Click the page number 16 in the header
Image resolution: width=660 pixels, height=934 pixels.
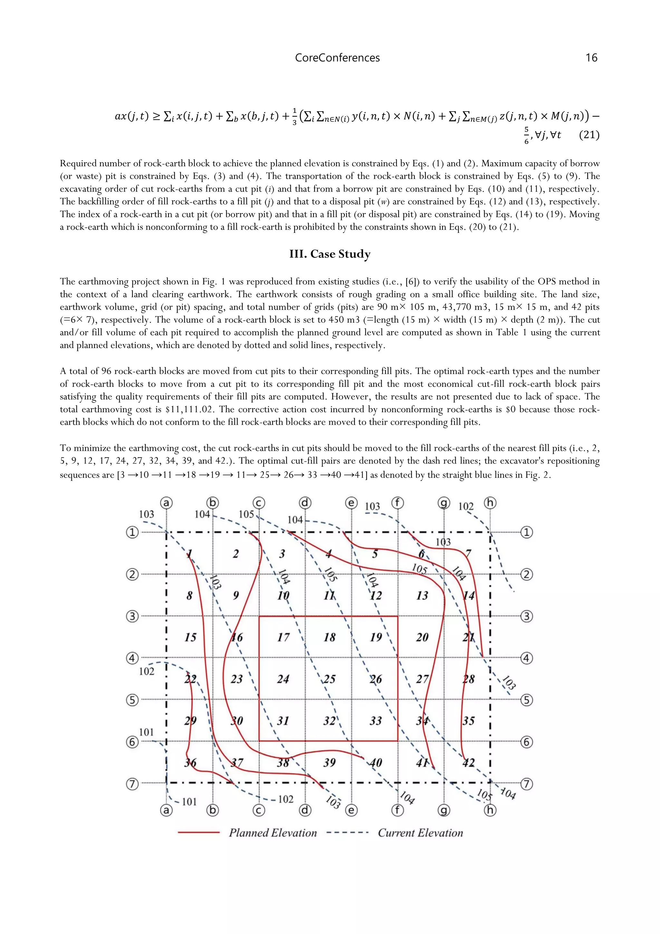click(x=591, y=58)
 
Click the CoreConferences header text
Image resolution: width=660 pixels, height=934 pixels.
click(x=337, y=58)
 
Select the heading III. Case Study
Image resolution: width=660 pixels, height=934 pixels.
click(x=330, y=254)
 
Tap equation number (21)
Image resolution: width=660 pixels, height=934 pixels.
click(x=589, y=134)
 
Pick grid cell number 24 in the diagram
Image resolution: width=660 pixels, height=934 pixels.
click(x=283, y=679)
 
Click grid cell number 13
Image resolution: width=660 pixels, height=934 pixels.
click(x=422, y=596)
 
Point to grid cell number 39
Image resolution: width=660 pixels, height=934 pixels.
click(x=329, y=762)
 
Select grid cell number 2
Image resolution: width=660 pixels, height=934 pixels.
click(x=236, y=554)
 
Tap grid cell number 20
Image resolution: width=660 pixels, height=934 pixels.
click(x=422, y=637)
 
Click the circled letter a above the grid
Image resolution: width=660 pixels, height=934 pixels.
click(x=166, y=503)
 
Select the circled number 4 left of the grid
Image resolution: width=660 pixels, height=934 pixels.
click(x=132, y=658)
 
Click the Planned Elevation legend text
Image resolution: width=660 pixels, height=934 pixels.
click(x=273, y=833)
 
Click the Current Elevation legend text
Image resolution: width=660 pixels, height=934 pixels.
click(x=420, y=833)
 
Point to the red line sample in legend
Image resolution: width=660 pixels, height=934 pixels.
click(x=199, y=833)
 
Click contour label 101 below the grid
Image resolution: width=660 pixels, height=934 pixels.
click(x=189, y=802)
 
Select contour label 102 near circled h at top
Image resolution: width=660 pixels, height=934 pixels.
click(x=466, y=506)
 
